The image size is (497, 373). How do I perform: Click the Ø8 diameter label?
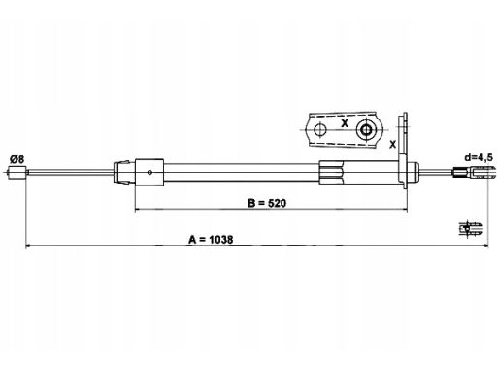(x=17, y=159)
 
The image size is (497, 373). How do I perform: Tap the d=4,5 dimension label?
(x=479, y=157)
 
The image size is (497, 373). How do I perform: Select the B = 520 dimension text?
(x=267, y=203)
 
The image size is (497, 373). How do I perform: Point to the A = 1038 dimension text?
(x=211, y=240)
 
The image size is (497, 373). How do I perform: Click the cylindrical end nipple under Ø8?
(x=17, y=173)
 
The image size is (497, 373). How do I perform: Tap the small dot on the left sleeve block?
(x=149, y=172)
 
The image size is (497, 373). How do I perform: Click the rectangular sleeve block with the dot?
(x=149, y=173)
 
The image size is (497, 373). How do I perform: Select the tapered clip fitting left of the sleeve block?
(x=122, y=173)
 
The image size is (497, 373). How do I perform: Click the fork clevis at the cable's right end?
(x=475, y=172)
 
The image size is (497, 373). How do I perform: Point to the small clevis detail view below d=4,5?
(x=471, y=228)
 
